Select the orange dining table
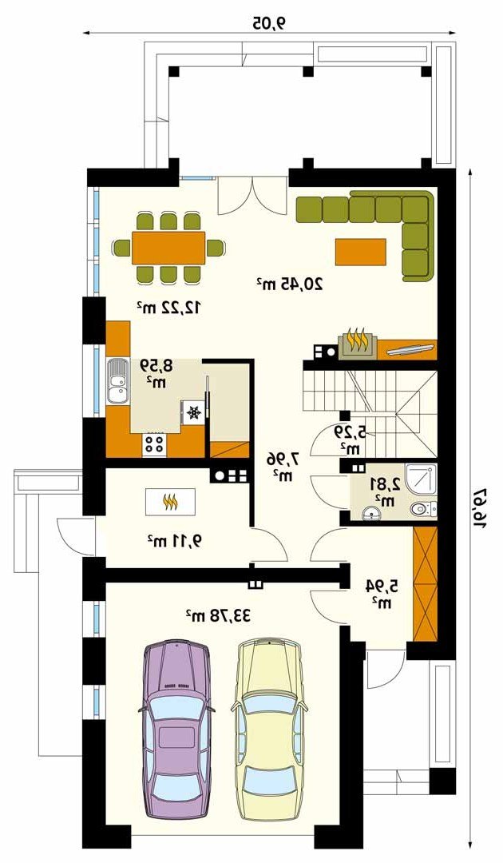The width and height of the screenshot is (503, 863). (168, 248)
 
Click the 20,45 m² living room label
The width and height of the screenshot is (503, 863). (290, 284)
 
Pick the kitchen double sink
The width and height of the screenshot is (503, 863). (117, 382)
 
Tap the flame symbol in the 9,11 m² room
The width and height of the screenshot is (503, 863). (170, 501)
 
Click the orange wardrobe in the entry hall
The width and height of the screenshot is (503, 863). (425, 584)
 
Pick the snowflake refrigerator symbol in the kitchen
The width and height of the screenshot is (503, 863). (193, 412)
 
